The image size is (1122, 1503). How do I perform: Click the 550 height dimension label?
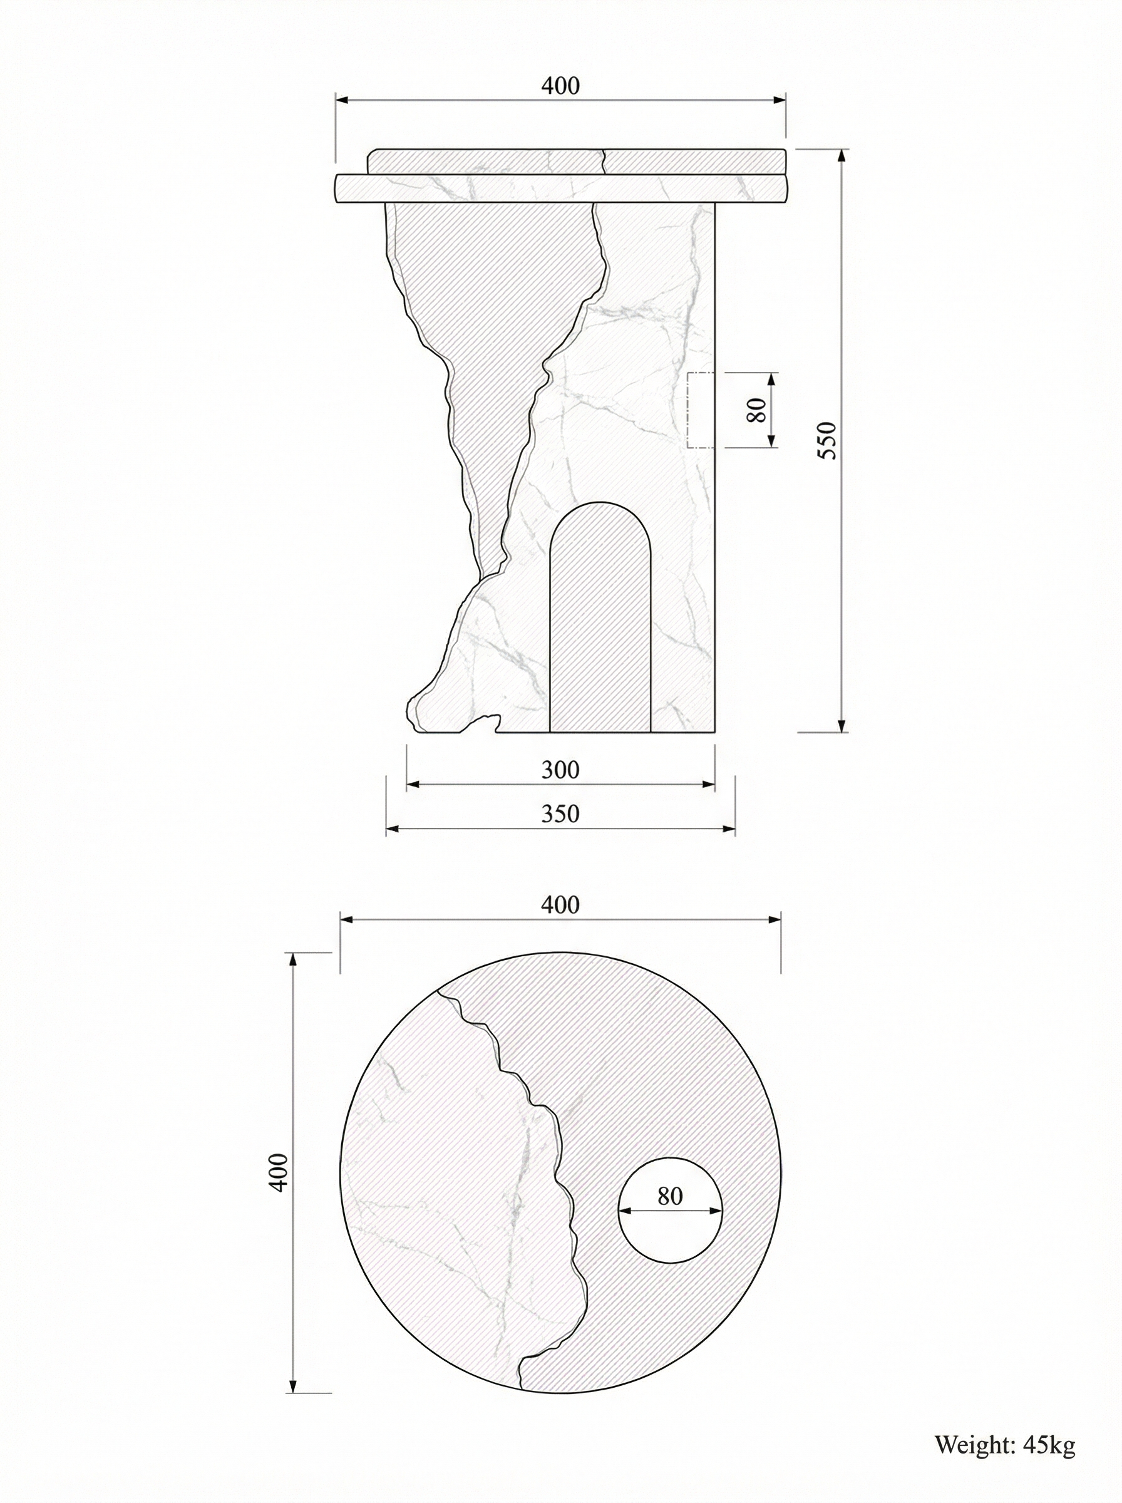[x=829, y=440]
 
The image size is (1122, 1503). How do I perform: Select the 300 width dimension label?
[x=560, y=770]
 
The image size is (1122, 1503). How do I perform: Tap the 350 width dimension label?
[x=560, y=813]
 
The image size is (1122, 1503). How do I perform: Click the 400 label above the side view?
[x=560, y=86]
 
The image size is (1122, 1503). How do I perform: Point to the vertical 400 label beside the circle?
[x=279, y=1172]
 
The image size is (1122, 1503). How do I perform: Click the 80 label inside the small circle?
[x=670, y=1196]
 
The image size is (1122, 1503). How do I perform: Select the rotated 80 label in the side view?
[x=756, y=410]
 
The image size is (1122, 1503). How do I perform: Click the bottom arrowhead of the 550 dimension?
[x=842, y=725]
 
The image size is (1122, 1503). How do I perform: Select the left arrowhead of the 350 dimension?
[x=391, y=829]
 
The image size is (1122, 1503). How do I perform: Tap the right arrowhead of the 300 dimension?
[x=710, y=785]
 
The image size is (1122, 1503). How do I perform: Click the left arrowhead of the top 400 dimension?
[x=342, y=100]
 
